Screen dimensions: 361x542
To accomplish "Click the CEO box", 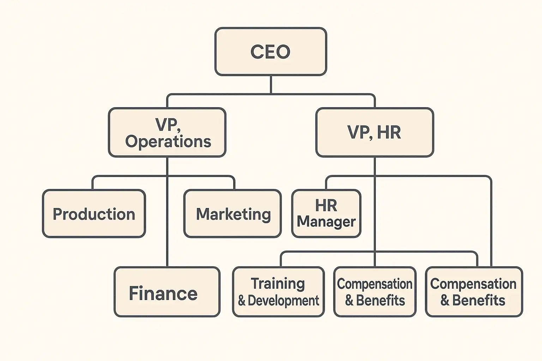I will [271, 51].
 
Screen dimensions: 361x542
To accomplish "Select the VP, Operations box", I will [167, 132].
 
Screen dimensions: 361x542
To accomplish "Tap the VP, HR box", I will [374, 132].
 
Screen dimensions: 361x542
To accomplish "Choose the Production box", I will [94, 214].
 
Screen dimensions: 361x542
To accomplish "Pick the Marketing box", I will [233, 214].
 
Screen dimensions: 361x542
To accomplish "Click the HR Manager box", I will [326, 214].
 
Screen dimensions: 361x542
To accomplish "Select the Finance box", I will [167, 292].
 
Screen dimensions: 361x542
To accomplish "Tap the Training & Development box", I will [278, 292].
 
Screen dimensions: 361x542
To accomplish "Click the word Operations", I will [168, 141].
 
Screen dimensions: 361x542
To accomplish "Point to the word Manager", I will [326, 222].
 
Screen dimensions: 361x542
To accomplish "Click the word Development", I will [283, 301].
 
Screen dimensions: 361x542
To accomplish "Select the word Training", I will [278, 284].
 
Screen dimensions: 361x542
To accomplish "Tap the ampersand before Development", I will [242, 301].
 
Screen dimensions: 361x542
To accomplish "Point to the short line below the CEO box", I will [271, 85].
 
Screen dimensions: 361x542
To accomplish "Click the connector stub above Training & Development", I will [281, 260].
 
